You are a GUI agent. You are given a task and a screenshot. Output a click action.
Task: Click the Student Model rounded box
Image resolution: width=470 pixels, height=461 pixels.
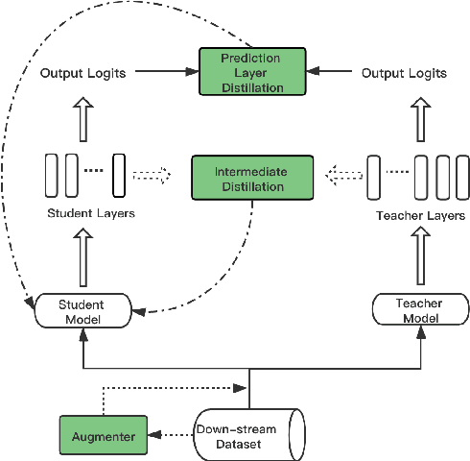(82, 311)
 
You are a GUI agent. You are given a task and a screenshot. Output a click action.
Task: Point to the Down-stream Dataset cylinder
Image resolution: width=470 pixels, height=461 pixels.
(247, 435)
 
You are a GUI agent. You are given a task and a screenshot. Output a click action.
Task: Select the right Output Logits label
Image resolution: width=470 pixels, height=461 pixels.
(404, 72)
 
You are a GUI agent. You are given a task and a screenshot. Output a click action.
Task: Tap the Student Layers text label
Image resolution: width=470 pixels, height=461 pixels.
(90, 213)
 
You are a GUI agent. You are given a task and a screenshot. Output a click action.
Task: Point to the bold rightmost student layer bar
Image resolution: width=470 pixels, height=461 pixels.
(118, 175)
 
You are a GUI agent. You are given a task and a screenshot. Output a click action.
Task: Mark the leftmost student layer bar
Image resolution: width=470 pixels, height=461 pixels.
(50, 175)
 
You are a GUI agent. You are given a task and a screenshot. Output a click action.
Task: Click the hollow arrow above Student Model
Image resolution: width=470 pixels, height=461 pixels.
(84, 259)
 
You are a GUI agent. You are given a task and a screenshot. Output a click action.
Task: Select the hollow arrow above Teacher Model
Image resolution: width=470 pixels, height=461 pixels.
(419, 259)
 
